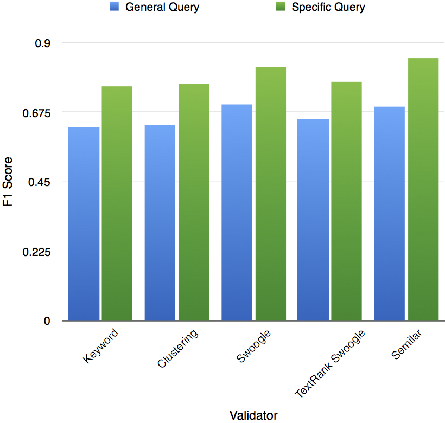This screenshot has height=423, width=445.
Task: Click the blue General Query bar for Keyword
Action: tap(84, 223)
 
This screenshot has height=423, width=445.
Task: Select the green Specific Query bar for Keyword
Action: tap(117, 203)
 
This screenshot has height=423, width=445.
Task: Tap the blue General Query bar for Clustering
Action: tap(160, 222)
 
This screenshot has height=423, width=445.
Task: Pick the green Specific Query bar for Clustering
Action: tap(194, 202)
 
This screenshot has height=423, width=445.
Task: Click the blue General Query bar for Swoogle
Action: tap(237, 212)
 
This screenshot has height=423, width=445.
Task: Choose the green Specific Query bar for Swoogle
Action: tap(271, 194)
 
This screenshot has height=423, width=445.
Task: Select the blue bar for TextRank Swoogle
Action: tap(314, 220)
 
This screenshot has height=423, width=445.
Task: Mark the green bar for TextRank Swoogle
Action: tap(347, 201)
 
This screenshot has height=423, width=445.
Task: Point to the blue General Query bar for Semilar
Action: tap(390, 214)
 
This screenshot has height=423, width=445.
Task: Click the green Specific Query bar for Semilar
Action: tap(423, 189)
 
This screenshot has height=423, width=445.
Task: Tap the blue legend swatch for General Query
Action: tap(114, 7)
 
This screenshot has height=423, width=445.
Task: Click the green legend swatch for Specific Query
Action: tap(280, 7)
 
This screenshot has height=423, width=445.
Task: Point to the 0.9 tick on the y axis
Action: tap(43, 43)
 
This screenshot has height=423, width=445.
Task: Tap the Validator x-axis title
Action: tap(253, 415)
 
